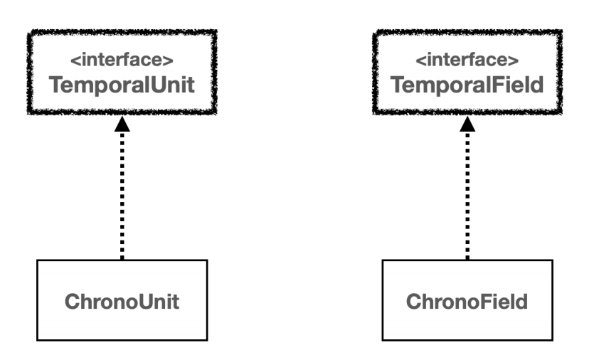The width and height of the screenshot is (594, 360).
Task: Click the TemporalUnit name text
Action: pyautogui.click(x=122, y=85)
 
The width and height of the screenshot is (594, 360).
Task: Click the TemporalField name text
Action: pyautogui.click(x=467, y=85)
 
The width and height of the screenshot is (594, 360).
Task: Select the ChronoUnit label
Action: pyautogui.click(x=122, y=302)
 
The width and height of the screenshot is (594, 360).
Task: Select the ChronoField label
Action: pyautogui.click(x=467, y=302)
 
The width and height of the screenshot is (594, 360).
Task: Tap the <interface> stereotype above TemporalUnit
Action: pyautogui.click(x=122, y=60)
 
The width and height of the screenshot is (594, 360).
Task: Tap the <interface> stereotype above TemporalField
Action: pyautogui.click(x=467, y=60)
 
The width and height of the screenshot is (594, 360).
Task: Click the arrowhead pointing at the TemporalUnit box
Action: pyautogui.click(x=122, y=125)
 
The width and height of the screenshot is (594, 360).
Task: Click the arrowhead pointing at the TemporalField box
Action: pyautogui.click(x=467, y=125)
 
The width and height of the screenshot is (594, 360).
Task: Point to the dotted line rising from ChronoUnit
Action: pyautogui.click(x=122, y=196)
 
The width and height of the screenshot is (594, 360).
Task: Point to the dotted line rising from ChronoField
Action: pyautogui.click(x=467, y=196)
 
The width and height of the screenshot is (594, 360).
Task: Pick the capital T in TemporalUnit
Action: pyautogui.click(x=56, y=85)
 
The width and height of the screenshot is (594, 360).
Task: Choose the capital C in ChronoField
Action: pyautogui.click(x=414, y=302)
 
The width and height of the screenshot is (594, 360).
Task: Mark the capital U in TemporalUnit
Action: pyautogui.click(x=159, y=85)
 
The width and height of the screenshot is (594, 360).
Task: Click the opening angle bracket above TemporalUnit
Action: pyautogui.click(x=75, y=60)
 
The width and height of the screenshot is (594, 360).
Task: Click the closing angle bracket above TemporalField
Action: pyautogui.click(x=514, y=60)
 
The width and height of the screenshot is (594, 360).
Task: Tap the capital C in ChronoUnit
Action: pyautogui.click(x=73, y=302)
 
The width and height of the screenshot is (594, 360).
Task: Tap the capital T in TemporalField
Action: pyautogui.click(x=398, y=85)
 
